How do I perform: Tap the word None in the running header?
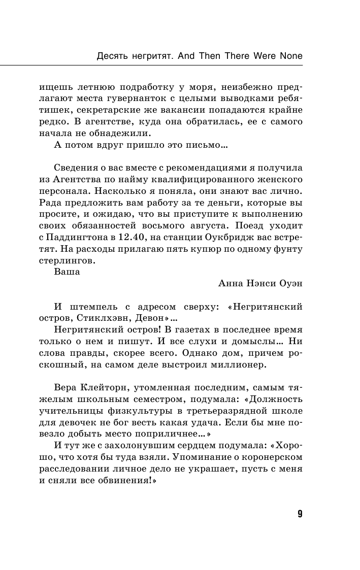click(291, 56)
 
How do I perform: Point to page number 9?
click(300, 514)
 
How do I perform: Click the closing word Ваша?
click(67, 273)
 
